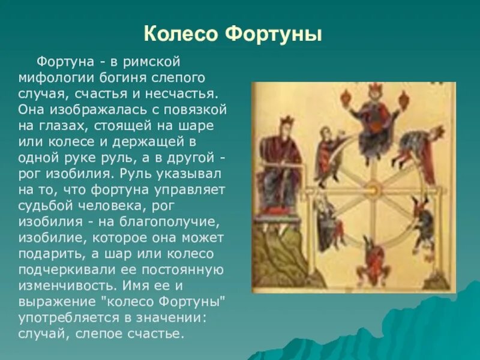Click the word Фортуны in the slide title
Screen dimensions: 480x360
[x=274, y=34]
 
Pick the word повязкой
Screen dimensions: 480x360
[x=195, y=110]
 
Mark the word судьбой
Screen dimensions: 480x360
[x=45, y=206]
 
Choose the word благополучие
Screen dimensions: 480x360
[x=170, y=222]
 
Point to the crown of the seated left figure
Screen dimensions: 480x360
[x=286, y=121]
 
